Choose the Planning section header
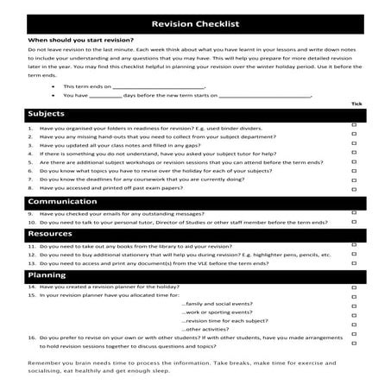pos(47,274)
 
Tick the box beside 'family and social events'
pos(355,306)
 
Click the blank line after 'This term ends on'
pos(165,86)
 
